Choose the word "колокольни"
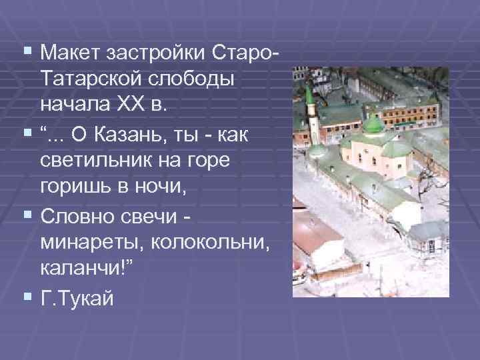click(x=215, y=247)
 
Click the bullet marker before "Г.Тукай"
click(x=27, y=301)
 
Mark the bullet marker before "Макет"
click(x=27, y=50)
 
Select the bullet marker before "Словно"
click(x=27, y=218)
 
